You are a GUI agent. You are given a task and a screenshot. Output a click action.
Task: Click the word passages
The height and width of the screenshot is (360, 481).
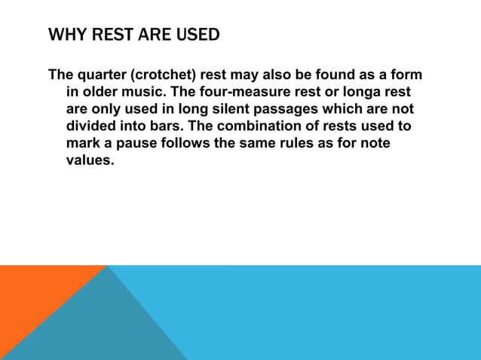pyautogui.click(x=276, y=108)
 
